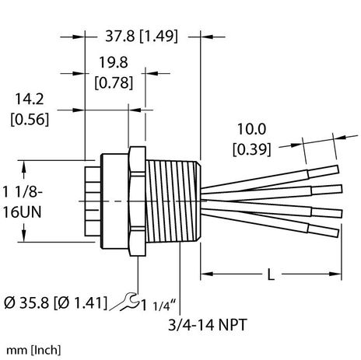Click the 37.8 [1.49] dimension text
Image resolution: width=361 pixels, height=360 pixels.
tap(143, 35)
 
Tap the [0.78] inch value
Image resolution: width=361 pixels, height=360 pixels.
tap(114, 82)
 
